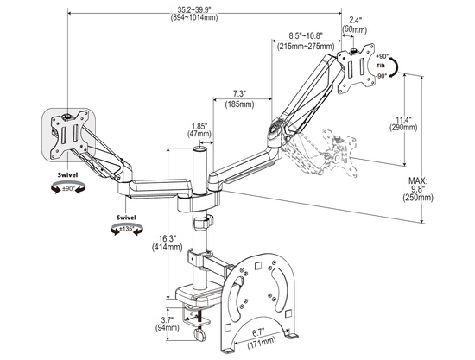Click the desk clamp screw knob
200,332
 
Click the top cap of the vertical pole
199,148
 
